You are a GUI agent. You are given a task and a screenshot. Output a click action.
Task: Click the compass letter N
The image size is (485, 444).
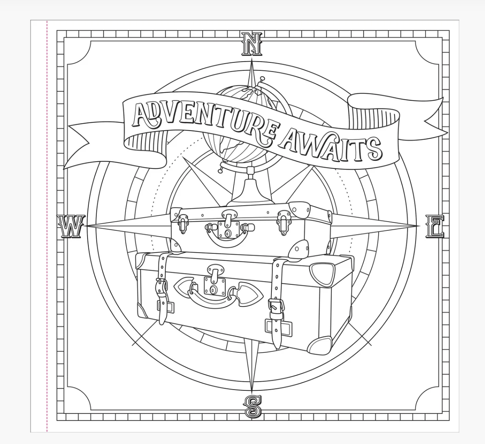pos(252,44)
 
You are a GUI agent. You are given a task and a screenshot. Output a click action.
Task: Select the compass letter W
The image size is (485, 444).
pos(71,226)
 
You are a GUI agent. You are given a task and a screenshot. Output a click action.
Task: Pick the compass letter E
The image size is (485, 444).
pos(435,227)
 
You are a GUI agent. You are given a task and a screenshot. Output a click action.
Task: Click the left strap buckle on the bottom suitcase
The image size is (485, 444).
pos(162,285)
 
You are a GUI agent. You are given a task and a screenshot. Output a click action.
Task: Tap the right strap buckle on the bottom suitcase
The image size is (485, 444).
pos(275,307)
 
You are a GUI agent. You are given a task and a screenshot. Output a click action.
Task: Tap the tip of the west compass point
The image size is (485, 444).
pos(86,226)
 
